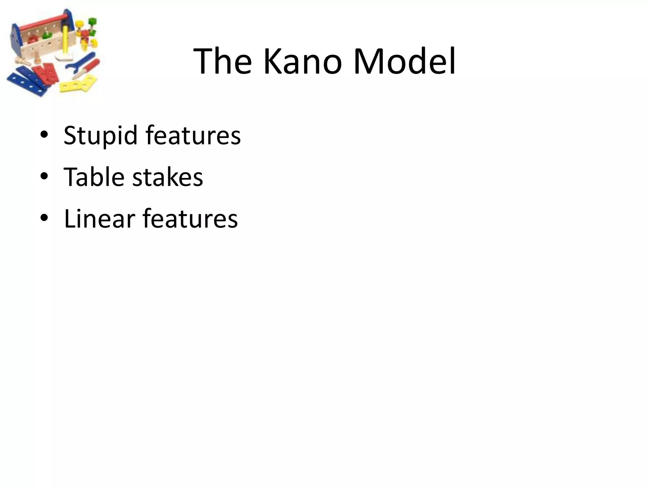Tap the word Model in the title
(404, 61)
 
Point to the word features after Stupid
(193, 135)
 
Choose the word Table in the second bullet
(94, 177)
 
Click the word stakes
(167, 177)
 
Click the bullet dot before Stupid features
(44, 135)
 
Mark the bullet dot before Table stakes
(44, 176)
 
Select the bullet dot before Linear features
(44, 218)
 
